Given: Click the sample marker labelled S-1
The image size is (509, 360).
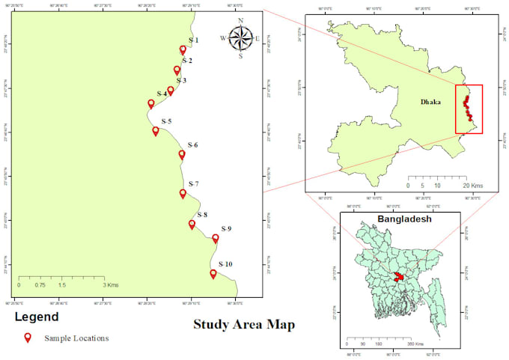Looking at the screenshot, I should [183, 50].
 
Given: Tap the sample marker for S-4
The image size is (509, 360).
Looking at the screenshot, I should [150, 103].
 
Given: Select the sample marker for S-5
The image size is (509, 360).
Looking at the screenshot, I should [156, 131].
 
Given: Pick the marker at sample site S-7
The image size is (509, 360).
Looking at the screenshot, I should [183, 194].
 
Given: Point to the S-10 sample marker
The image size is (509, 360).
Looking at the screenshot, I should [213, 274].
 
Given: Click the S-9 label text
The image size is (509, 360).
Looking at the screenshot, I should [227, 228].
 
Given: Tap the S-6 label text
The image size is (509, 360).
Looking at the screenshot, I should [193, 144].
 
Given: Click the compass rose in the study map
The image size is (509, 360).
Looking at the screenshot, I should [240, 37].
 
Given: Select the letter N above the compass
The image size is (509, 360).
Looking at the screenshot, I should [240, 21].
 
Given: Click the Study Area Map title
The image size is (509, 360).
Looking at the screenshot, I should [244, 324].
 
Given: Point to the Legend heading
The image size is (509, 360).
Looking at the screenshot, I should [37, 317].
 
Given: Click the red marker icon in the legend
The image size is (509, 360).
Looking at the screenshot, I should [28, 338].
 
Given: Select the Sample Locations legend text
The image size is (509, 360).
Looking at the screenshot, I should [76, 338].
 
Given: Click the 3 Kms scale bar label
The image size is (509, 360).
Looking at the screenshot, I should [111, 285].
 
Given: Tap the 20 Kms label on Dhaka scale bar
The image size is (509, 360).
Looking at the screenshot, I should [473, 185].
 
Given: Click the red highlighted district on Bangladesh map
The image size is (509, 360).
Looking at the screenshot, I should [399, 277].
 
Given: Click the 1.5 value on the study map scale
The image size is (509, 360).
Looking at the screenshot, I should [61, 285].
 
